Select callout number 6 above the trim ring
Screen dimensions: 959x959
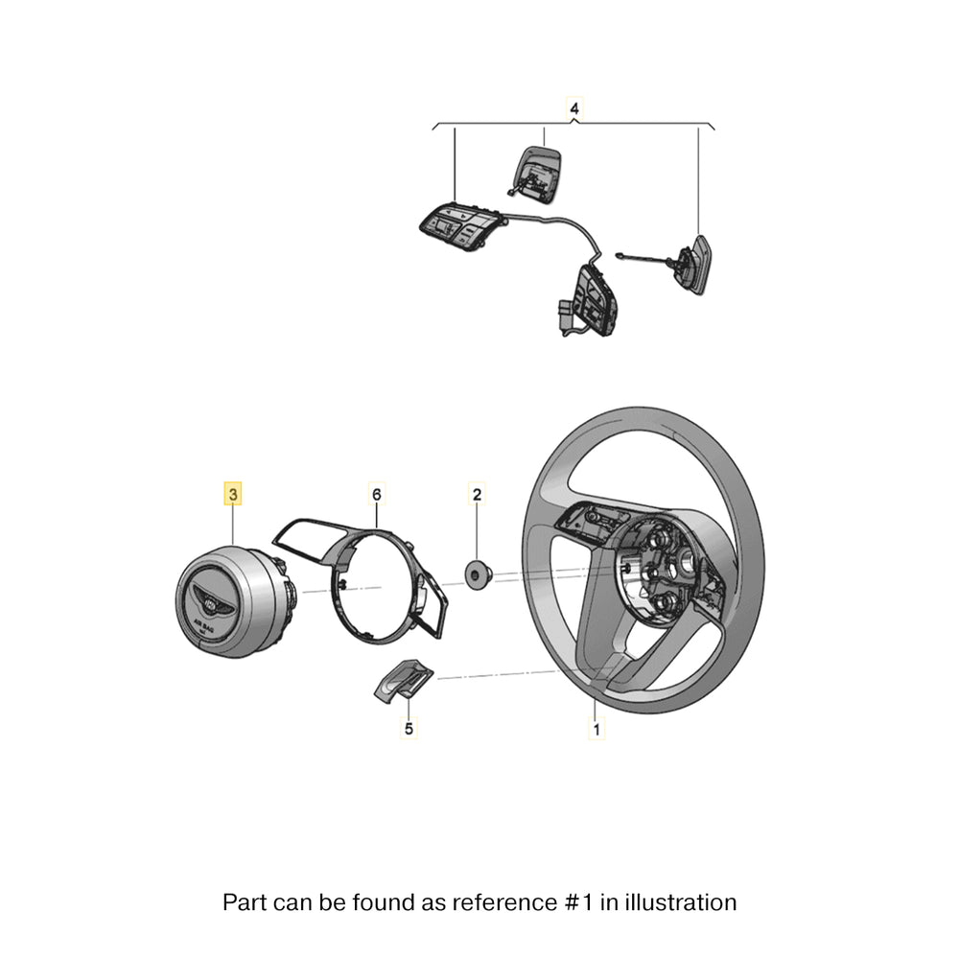click(377, 495)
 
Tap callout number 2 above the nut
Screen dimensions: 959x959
click(477, 495)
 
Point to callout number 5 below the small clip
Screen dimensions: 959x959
click(409, 730)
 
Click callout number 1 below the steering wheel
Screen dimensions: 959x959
click(596, 730)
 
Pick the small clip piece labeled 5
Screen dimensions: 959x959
click(400, 680)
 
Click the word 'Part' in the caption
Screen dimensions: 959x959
click(244, 902)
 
